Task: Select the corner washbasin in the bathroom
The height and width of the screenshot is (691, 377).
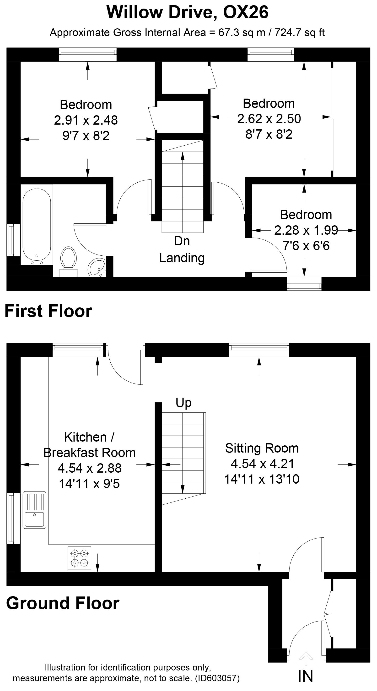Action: tap(97, 267)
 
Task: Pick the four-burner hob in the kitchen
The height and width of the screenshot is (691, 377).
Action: tap(79, 558)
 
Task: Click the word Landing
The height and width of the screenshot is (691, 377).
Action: tap(182, 258)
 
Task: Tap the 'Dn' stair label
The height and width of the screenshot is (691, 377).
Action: tap(182, 241)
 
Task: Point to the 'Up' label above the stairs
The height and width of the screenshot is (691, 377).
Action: tap(184, 403)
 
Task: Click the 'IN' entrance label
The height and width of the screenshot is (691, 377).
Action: tap(306, 676)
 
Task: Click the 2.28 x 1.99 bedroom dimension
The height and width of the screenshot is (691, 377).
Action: tap(306, 230)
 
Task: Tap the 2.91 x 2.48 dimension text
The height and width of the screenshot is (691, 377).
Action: tap(86, 120)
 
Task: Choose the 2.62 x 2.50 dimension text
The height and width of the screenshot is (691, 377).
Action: tap(269, 119)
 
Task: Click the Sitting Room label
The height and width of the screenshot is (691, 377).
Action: tap(262, 448)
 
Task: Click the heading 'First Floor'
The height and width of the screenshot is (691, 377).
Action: tap(48, 311)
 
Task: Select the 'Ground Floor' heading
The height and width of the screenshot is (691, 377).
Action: tap(63, 603)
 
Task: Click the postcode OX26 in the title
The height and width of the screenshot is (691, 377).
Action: tap(246, 12)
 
